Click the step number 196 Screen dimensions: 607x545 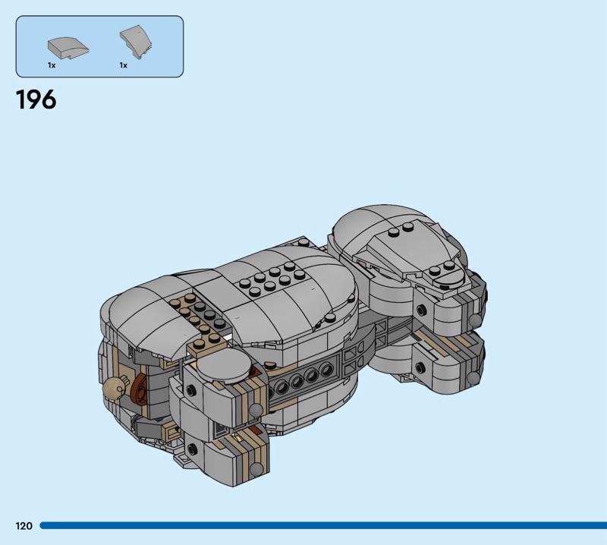click(x=36, y=99)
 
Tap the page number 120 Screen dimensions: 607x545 click(x=24, y=525)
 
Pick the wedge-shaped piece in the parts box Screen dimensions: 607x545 click(x=136, y=42)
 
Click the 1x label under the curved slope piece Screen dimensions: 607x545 click(x=52, y=65)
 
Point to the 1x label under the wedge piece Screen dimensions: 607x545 click(x=123, y=65)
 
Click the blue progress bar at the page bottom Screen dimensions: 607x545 click(x=323, y=525)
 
